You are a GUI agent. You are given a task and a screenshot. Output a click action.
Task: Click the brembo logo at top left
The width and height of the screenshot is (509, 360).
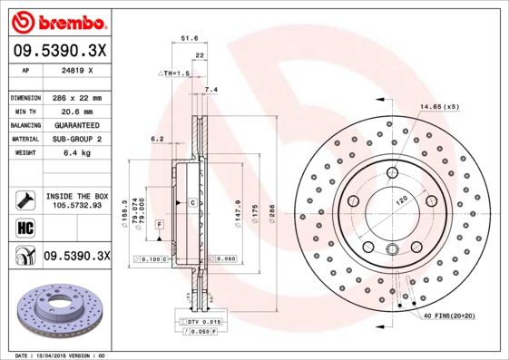[59, 21]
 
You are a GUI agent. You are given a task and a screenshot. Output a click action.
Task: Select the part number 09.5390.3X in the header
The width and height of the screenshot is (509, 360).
[59, 50]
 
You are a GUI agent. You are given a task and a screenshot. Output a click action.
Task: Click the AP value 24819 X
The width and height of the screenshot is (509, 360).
[78, 69]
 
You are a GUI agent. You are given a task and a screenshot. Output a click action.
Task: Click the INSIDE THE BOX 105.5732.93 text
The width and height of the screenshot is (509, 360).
[77, 200]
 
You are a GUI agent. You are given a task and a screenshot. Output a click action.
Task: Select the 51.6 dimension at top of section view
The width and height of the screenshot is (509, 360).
[190, 38]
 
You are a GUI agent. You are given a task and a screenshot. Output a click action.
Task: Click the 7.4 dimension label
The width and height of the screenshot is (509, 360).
[211, 90]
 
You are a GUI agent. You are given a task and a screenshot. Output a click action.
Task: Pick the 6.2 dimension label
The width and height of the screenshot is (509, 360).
[156, 139]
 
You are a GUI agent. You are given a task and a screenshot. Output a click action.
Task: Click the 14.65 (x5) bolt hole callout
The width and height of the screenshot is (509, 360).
[439, 107]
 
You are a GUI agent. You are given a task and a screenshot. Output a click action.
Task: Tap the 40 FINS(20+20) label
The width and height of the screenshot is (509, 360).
[454, 316]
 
